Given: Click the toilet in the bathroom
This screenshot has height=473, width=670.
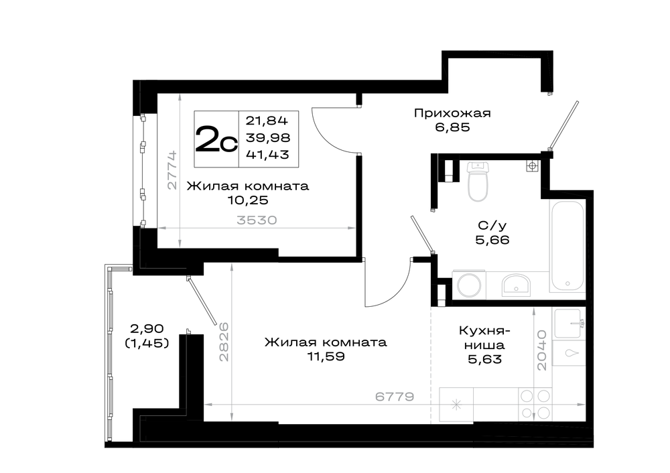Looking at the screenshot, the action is pyautogui.click(x=478, y=181).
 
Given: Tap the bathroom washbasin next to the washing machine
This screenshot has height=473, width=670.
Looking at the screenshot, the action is pyautogui.click(x=516, y=285).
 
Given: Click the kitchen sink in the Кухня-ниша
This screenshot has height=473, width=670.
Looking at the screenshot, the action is pyautogui.click(x=569, y=323).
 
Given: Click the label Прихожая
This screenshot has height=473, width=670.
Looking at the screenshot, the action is pyautogui.click(x=452, y=113).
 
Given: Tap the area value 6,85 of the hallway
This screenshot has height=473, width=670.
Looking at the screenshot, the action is pyautogui.click(x=452, y=127).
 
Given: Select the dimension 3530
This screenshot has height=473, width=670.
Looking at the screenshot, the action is pyautogui.click(x=257, y=220).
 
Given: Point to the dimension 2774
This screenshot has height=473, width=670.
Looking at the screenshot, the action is pyautogui.click(x=172, y=170).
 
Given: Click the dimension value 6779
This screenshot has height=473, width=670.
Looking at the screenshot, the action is pyautogui.click(x=395, y=397).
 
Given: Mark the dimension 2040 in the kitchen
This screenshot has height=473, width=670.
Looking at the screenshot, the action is pyautogui.click(x=542, y=350).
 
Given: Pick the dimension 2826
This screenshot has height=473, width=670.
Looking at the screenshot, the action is pyautogui.click(x=224, y=342).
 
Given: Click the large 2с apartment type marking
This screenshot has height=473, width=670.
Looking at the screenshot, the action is pyautogui.click(x=216, y=139).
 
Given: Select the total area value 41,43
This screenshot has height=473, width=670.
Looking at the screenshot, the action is pyautogui.click(x=267, y=155).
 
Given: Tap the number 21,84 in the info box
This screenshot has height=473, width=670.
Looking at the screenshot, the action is pyautogui.click(x=267, y=121).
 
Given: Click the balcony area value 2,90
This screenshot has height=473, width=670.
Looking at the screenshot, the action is pyautogui.click(x=147, y=328).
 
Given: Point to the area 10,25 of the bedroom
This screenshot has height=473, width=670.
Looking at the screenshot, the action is pyautogui.click(x=248, y=200).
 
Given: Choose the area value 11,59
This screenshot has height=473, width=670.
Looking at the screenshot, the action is pyautogui.click(x=326, y=356).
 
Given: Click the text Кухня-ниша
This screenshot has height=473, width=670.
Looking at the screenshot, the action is pyautogui.click(x=485, y=338).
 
